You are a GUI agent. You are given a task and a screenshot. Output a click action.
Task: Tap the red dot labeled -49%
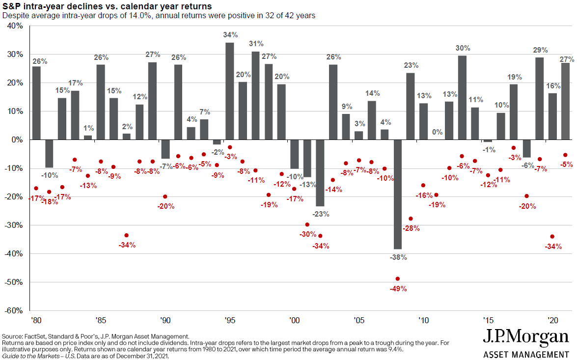398,278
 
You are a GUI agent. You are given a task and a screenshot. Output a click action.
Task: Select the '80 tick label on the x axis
36,320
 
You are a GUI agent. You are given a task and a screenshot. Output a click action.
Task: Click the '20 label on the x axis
552,320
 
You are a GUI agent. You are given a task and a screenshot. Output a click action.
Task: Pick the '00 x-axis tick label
294,320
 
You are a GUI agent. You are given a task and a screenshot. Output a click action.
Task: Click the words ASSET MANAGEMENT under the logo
526,354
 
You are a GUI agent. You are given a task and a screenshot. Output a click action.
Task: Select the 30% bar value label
463,48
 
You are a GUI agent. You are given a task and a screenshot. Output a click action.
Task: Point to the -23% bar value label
320,214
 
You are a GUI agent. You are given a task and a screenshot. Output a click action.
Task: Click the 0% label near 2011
436,132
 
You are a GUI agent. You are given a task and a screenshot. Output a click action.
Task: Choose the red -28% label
411,228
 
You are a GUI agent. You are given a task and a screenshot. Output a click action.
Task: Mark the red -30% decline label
307,234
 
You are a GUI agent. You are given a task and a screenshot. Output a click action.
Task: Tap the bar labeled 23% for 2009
411,106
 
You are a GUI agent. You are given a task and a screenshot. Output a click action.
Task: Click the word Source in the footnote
13,335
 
